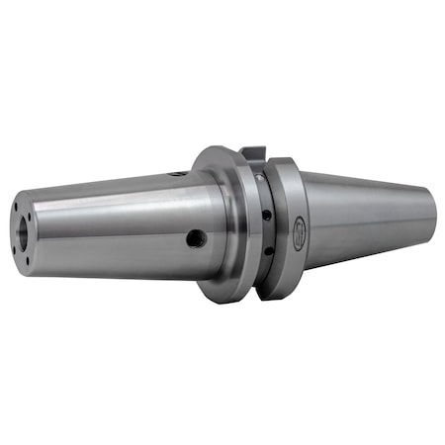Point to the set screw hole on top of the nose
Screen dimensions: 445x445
[x=178, y=173]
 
